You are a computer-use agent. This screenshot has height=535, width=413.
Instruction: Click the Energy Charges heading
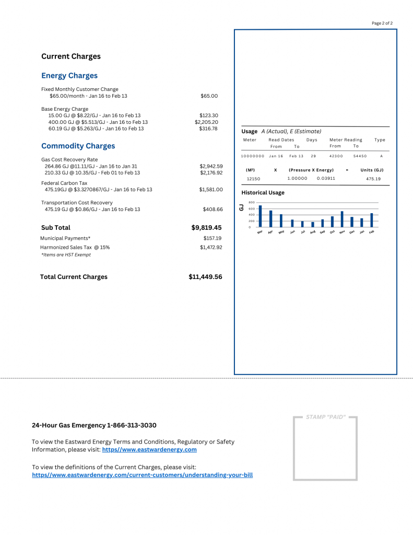[x=69, y=76]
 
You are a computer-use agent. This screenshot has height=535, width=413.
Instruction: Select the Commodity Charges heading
[x=78, y=146]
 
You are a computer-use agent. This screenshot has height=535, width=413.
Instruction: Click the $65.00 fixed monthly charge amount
[x=209, y=96]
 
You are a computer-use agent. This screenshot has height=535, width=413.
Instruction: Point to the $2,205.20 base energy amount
[x=206, y=122]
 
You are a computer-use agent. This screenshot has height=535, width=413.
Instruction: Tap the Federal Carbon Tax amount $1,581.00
[x=211, y=190]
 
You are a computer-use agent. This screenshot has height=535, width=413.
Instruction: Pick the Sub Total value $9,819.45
[x=206, y=228]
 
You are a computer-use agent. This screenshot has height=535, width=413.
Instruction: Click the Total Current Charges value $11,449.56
[x=205, y=277]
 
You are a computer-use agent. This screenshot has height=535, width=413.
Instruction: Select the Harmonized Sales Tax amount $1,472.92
[x=211, y=247]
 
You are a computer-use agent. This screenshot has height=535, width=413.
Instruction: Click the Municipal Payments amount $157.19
[x=212, y=238]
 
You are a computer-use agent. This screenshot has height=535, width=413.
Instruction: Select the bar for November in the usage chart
[x=342, y=219]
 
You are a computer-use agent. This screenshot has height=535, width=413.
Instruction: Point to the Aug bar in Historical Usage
[x=312, y=225]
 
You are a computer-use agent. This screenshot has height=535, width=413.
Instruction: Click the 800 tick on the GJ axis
[x=251, y=202]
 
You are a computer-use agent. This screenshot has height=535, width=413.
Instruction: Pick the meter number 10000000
[x=253, y=156]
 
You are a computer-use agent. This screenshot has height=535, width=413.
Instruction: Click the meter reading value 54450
[x=360, y=156]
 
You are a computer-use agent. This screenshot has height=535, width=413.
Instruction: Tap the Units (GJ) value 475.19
[x=373, y=179]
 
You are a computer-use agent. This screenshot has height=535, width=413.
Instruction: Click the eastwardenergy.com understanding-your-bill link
[x=143, y=475]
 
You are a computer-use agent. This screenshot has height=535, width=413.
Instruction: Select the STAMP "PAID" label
[x=325, y=417]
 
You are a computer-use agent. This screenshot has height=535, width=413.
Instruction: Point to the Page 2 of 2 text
[x=382, y=24]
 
